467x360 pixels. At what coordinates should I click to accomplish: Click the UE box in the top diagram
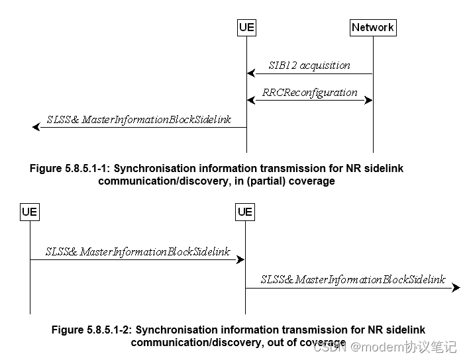tap(246, 27)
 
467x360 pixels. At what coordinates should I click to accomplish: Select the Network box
tap(373, 27)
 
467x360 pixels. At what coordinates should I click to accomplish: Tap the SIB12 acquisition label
tap(309, 66)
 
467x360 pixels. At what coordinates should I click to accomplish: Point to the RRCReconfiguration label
tap(309, 93)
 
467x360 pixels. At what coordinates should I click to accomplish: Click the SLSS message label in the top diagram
tap(139, 120)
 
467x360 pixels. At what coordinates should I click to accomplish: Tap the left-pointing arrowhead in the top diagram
tap(36, 127)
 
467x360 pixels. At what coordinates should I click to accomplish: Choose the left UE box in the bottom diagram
tap(29, 212)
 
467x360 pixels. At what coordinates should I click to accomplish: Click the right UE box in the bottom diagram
tap(245, 212)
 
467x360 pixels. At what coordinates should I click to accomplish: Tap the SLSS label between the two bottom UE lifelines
tap(138, 252)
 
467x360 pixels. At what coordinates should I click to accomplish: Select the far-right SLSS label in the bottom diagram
tap(353, 280)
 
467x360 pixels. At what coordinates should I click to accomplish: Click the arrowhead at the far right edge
tap(456, 288)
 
